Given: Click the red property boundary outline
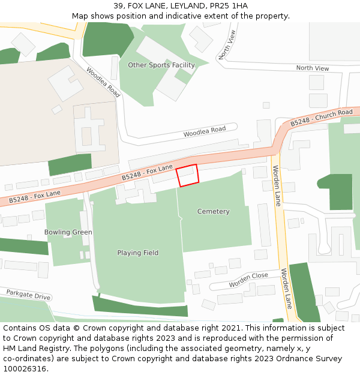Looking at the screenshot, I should coord(187,175).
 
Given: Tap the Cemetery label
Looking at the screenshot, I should coord(214,212).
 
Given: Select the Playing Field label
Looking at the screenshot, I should coord(138,253).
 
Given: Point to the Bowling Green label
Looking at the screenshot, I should coord(68,232).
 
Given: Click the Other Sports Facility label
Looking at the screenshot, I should coord(161,65).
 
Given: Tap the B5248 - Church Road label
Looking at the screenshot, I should coord(322,118).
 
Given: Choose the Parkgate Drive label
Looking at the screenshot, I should coord(29,295).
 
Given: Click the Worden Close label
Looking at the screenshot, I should coord(248,280).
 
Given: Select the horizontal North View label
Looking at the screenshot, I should coord(313,68).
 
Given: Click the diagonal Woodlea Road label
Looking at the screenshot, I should coord(103,82).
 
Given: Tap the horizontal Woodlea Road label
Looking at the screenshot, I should coord(205,130).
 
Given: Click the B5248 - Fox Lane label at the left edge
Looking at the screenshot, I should coord(34,196).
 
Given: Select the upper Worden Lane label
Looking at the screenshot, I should coord(277,186).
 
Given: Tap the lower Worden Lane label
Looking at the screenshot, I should coord(287,288).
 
